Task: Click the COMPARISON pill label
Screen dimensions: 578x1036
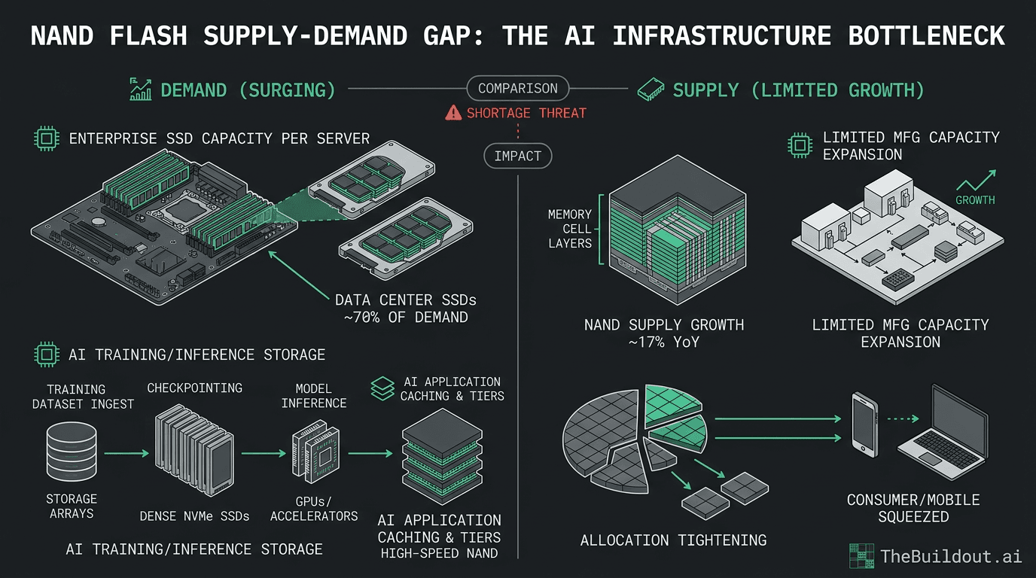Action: [x=518, y=89]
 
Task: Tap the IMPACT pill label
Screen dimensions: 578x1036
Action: [x=518, y=157]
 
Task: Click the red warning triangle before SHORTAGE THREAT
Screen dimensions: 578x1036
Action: [x=453, y=114]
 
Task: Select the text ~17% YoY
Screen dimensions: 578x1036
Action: [x=664, y=342]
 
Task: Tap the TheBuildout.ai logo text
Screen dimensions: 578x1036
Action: [x=951, y=556]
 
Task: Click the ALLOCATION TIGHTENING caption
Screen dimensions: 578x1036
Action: [x=673, y=540]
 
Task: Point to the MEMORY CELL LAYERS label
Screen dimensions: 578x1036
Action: [x=570, y=229]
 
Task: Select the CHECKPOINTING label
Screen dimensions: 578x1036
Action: [x=195, y=388]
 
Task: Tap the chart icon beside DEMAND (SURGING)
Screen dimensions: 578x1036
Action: [x=141, y=90]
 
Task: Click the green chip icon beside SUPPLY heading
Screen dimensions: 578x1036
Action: [x=651, y=90]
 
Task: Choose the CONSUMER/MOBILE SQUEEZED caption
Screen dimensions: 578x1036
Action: [x=913, y=508]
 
